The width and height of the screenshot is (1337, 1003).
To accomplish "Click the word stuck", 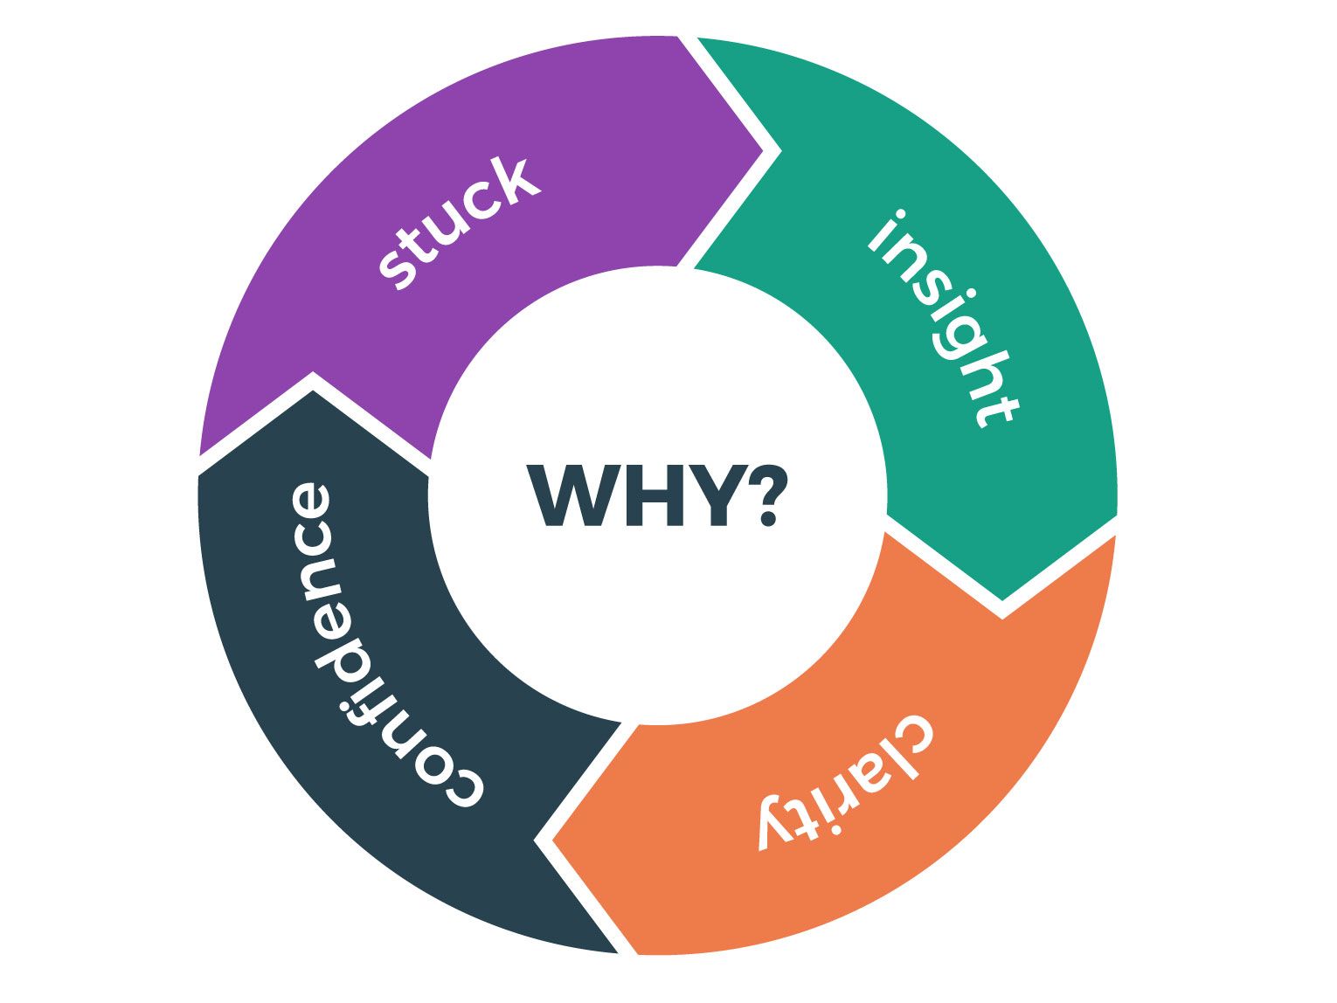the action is coord(460,222).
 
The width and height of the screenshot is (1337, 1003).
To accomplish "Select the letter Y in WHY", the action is coord(718,495).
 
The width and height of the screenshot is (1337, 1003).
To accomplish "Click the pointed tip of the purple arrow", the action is coord(763,151).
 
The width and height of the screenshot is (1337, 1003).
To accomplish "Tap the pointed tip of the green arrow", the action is coord(1002,600).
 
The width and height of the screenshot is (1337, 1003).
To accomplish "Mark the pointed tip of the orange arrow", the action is coord(552,840).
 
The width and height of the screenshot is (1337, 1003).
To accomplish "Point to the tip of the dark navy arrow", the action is coord(313,391).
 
